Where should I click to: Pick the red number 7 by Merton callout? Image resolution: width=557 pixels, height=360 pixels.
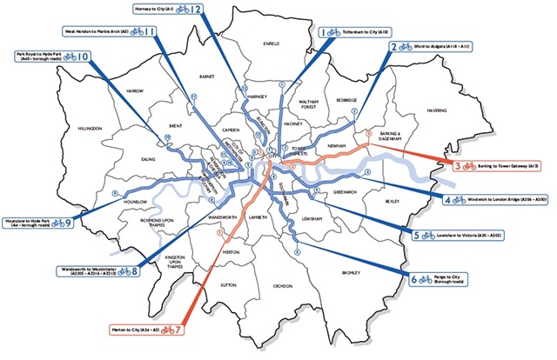click(x=178, y=330)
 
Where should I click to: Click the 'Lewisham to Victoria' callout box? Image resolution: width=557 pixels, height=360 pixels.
click(x=466, y=236)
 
